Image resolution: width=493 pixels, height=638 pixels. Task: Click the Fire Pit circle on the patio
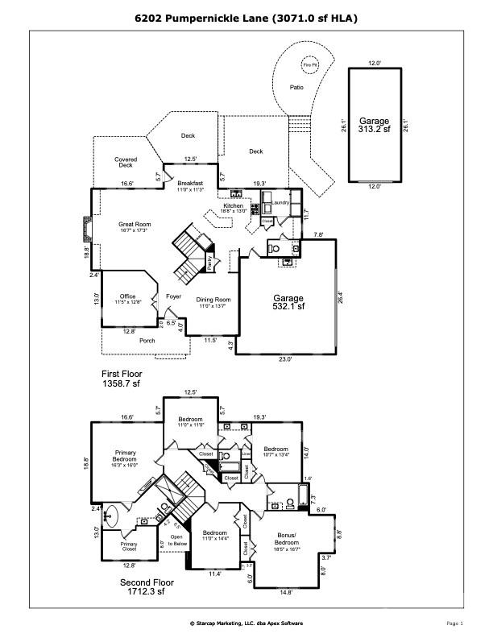click(x=309, y=64)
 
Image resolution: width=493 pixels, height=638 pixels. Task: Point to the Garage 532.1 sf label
click(x=288, y=302)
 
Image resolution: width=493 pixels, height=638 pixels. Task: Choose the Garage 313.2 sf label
click(x=375, y=124)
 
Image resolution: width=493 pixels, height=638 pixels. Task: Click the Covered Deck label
click(x=126, y=162)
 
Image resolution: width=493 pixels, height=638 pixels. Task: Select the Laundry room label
click(x=280, y=203)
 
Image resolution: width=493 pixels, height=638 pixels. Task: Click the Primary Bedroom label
click(x=126, y=456)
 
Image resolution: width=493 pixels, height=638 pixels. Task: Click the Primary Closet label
click(x=129, y=547)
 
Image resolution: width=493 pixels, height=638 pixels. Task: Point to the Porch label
click(x=147, y=340)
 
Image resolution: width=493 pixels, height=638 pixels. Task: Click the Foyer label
click(x=173, y=296)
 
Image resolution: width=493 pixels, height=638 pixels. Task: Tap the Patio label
click(x=296, y=87)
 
